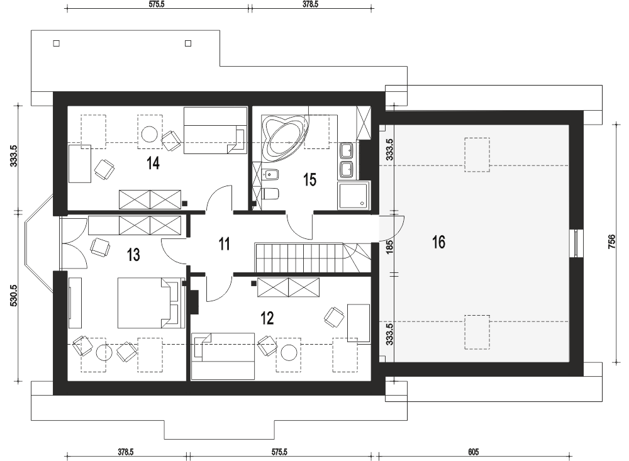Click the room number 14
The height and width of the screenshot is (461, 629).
point(153,164)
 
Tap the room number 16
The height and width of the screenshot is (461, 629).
point(438,242)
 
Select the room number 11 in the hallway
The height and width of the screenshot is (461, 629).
point(225,244)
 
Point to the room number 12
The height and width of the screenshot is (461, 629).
point(267,318)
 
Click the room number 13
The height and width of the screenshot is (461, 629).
point(133,255)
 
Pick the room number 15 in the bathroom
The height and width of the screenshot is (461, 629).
point(309,180)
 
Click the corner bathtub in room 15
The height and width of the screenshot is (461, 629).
point(284,138)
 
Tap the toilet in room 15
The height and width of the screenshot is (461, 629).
point(270,194)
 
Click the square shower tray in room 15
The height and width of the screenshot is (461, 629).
point(353,196)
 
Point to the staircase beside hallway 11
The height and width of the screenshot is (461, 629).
point(313,257)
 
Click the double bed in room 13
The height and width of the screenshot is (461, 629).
point(148,303)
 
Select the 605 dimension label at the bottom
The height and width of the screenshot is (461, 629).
point(474,452)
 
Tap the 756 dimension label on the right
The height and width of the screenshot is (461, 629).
point(611,242)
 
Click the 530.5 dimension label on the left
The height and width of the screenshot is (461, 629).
point(14,296)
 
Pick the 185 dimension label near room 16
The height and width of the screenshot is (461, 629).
point(389,247)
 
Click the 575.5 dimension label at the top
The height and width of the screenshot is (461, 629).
point(157,4)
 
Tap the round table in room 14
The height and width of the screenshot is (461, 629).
point(150,134)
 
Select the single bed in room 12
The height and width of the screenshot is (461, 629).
point(223,356)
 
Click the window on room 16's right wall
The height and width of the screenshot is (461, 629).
point(576,243)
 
